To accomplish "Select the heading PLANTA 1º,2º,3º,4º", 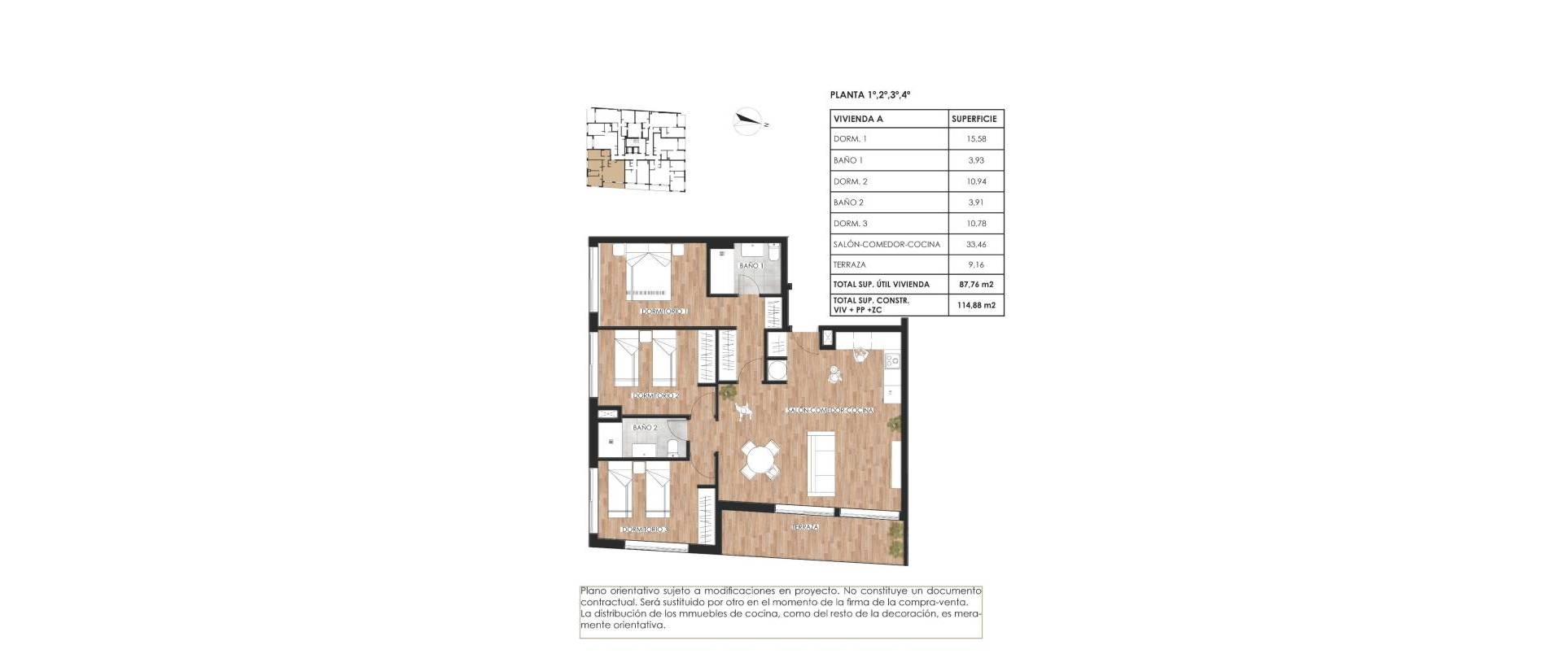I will (x=869, y=95).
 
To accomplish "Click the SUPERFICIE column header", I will (x=975, y=119).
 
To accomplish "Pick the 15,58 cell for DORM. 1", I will (x=975, y=139).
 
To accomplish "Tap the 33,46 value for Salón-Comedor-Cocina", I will (x=975, y=244).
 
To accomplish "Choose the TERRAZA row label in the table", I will (x=849, y=264).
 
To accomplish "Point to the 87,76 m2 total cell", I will (x=976, y=285).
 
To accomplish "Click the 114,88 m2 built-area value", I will (x=976, y=305).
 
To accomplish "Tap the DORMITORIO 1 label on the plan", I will (x=664, y=312).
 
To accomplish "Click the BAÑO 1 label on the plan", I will (x=750, y=266).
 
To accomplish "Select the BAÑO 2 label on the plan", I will (x=644, y=427).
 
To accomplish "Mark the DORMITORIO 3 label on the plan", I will (x=644, y=530).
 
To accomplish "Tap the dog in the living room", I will (x=742, y=412).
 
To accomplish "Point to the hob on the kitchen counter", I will (x=892, y=358).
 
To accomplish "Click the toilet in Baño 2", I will (x=672, y=447).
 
